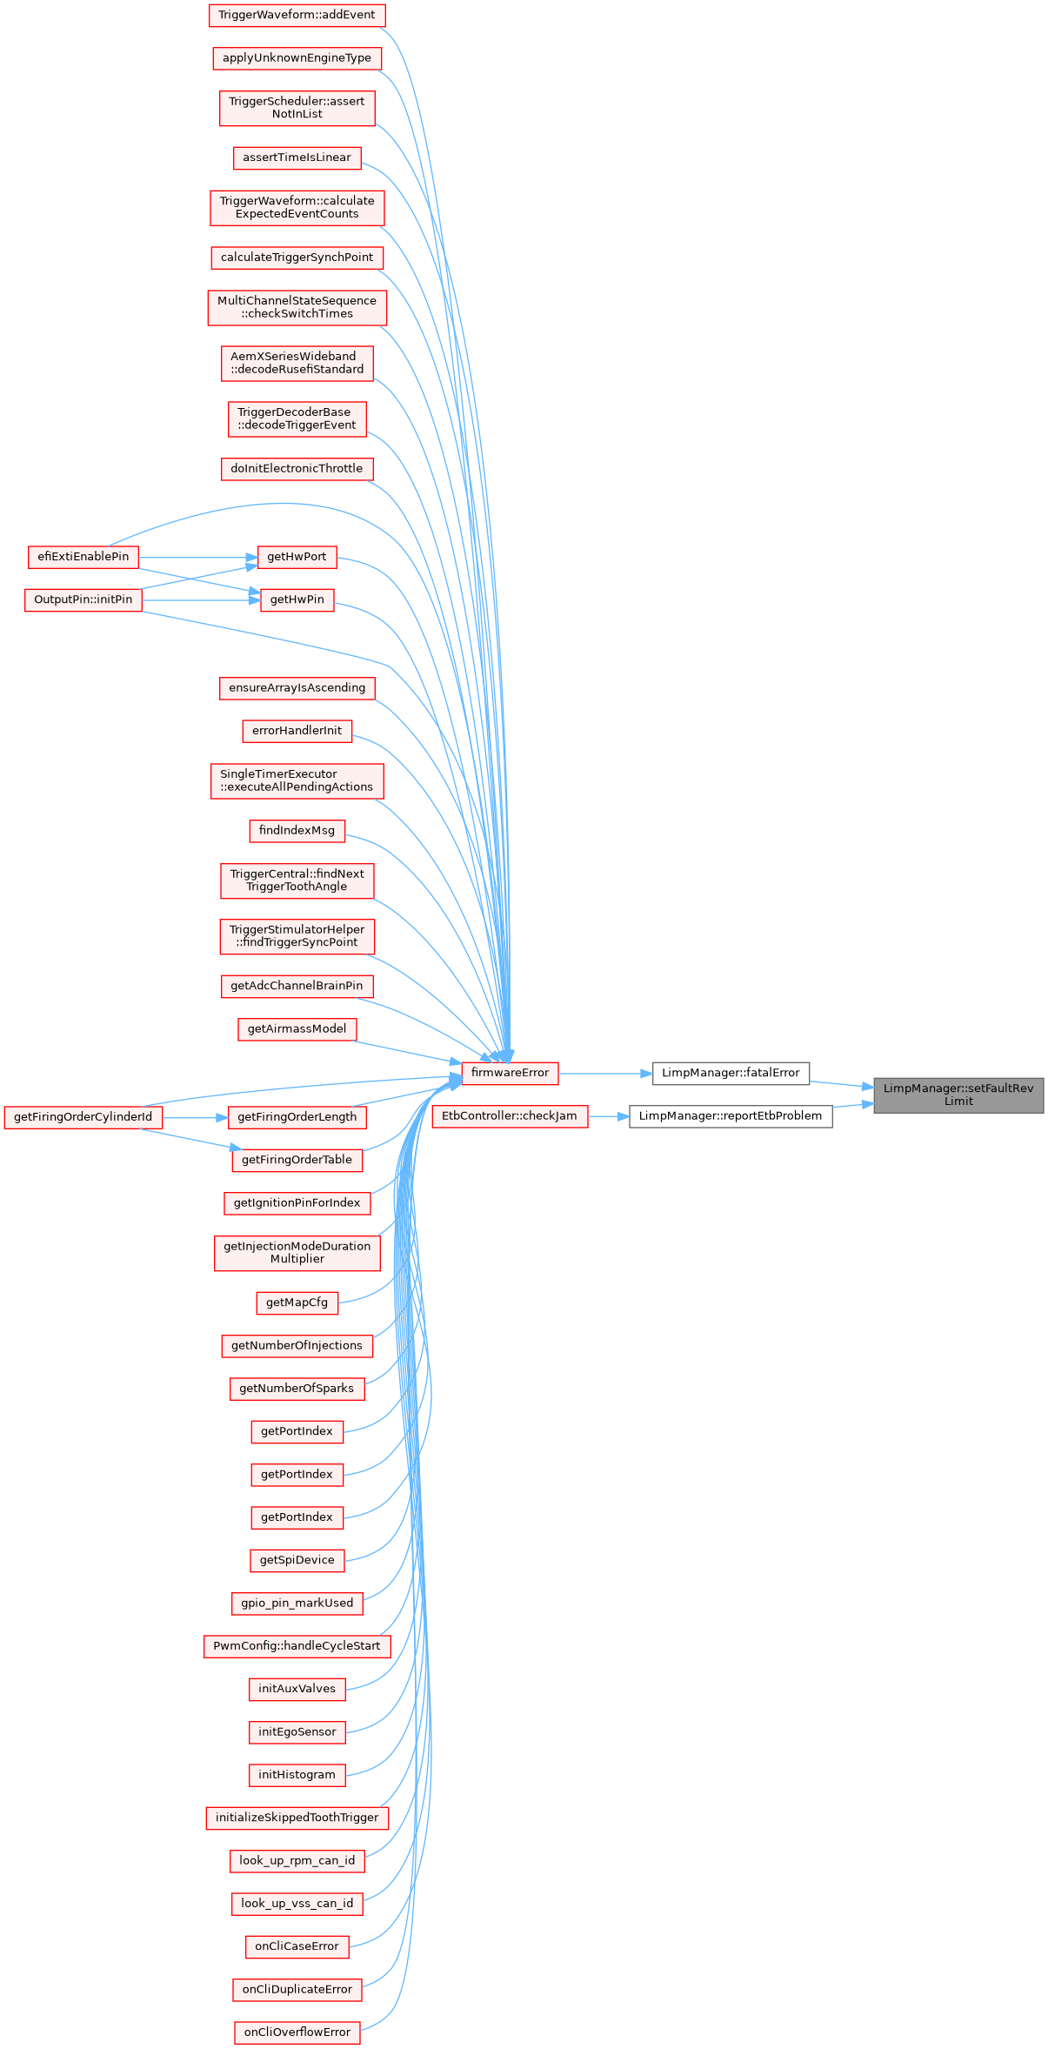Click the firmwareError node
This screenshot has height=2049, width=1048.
(510, 1073)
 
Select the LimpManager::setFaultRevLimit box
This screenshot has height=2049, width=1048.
(958, 1095)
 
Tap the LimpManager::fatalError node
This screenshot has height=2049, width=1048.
(731, 1073)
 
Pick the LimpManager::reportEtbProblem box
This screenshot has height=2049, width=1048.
(731, 1116)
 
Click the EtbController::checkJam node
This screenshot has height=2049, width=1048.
(510, 1116)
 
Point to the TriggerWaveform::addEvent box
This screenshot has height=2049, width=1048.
(297, 15)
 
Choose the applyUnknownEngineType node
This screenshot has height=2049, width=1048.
(297, 58)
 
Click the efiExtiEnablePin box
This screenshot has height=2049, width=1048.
(83, 557)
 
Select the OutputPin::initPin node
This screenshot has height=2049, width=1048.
(83, 599)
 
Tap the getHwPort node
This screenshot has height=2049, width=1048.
(297, 557)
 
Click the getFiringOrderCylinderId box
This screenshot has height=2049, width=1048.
(83, 1117)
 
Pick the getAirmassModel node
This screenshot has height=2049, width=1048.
(297, 1029)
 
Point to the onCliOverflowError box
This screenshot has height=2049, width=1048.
(297, 2032)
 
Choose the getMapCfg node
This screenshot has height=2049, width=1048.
(297, 1302)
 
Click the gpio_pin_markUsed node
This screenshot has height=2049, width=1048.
(297, 1603)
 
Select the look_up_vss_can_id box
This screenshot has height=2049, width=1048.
(297, 1904)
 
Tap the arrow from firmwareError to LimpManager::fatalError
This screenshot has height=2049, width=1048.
(605, 1074)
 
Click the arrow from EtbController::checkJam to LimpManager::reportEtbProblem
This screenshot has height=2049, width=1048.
(609, 1116)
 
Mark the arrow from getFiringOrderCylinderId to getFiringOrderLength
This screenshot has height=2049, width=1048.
(195, 1117)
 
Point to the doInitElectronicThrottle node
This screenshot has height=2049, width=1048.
(297, 469)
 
